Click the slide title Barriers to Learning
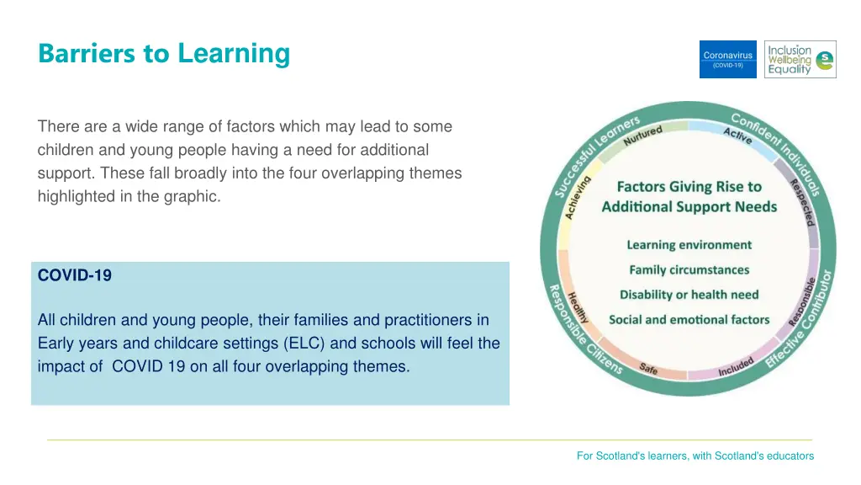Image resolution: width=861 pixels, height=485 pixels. pos(164,54)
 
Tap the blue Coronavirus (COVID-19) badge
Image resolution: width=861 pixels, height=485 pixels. pos(727,60)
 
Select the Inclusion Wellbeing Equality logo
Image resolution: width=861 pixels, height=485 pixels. pos(800,60)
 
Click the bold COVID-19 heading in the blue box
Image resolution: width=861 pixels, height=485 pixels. pos(75,275)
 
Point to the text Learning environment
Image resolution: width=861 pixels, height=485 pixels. pos(689,245)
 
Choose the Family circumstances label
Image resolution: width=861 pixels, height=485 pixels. pos(689,270)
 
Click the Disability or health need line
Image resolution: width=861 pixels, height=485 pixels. pos(689,295)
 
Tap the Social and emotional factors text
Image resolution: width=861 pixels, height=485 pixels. pos(689,320)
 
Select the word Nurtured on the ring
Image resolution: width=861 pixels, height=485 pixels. pos(643,135)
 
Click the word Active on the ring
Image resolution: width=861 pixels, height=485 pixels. pos(737,135)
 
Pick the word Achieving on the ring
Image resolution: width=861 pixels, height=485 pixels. pos(578,197)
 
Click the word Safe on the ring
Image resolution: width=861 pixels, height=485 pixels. pos(648,368)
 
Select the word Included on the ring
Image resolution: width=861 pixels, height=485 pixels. pos(736,368)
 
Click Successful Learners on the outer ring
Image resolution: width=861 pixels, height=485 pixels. pos(593,152)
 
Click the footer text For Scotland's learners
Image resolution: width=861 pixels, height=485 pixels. pos(695,456)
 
